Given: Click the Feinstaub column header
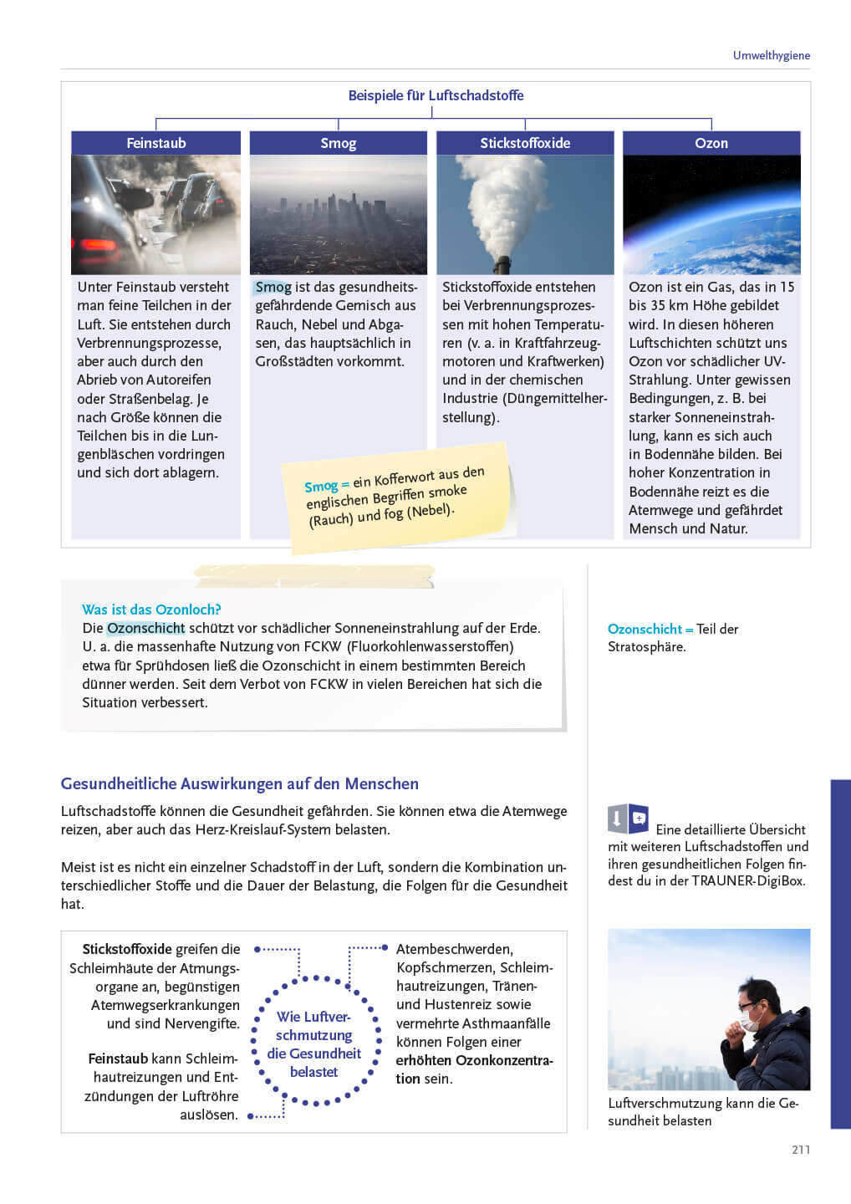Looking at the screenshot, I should (156, 143).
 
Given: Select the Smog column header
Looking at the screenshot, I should (338, 143).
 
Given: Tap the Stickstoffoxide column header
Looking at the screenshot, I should (525, 143).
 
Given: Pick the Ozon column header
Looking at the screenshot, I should (711, 143).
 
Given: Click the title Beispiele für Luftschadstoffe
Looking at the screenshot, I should (436, 95).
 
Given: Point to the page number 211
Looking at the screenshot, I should (801, 1150).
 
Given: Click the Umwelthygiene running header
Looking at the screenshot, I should (771, 55).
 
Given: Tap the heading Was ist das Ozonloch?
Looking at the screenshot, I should (151, 610).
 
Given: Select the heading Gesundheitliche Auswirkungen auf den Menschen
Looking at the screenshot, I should (240, 783).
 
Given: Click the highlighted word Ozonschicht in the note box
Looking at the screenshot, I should (145, 628).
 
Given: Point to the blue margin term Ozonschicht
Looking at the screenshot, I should (645, 629).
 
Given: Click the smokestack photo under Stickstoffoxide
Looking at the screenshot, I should (525, 215).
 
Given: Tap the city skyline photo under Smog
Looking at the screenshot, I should (338, 215).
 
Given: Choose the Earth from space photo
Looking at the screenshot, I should (711, 215).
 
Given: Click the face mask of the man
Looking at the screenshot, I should (751, 1021).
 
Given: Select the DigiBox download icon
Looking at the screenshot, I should (628, 819).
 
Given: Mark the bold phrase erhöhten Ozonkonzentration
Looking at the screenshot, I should (474, 1060).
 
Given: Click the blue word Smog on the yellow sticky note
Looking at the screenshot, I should (321, 486).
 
